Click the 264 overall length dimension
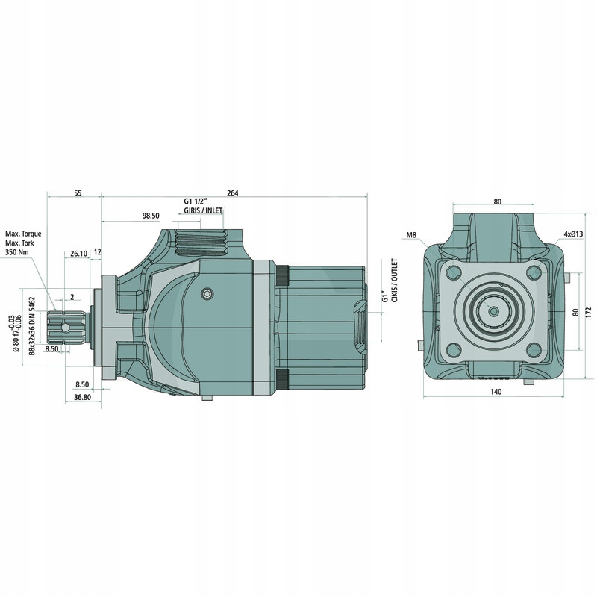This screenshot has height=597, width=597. pos(232,193)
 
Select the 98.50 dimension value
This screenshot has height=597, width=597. pos(150,216)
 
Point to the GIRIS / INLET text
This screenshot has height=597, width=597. pos(203,211)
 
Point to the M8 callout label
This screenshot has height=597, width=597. pos(411,235)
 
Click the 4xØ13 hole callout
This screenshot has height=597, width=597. pos(573,234)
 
